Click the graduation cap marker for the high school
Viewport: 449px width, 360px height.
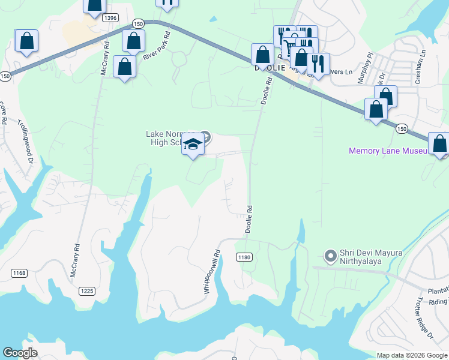tap(193, 145)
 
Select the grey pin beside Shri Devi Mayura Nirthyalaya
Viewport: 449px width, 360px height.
tap(330, 256)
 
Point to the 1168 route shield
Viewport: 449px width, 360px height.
tap(19, 273)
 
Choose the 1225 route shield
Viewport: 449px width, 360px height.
tap(86, 290)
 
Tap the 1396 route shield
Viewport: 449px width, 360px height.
tap(110, 18)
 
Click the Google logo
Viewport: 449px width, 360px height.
tap(20, 353)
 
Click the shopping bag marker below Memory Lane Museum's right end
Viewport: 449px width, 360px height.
tap(439, 144)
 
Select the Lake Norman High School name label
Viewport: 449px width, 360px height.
tap(172, 137)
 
